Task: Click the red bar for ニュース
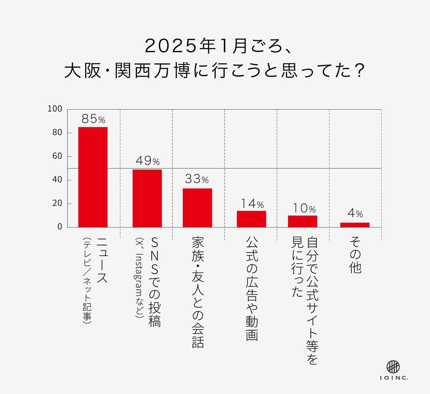click(93, 177)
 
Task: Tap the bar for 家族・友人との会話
click(197, 208)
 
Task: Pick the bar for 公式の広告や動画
click(251, 219)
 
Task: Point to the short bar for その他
click(355, 225)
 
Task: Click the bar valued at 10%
click(302, 221)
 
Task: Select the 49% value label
click(147, 161)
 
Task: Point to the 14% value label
click(252, 204)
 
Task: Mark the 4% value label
click(355, 214)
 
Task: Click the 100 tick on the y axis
click(55, 109)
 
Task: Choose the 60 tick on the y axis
click(57, 156)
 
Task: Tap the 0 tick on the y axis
click(59, 227)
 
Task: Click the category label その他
click(355, 256)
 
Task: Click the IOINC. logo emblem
click(393, 366)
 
